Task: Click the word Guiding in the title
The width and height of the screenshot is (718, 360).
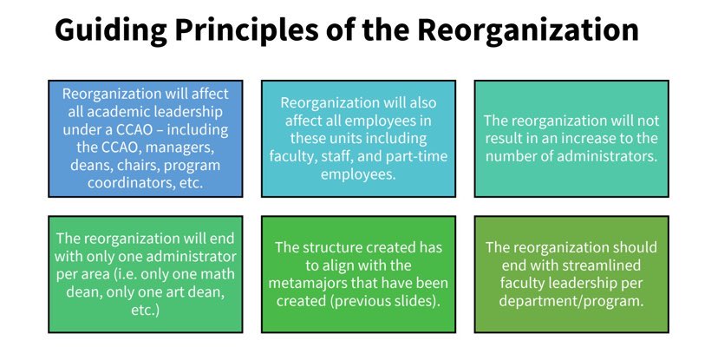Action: [111, 30]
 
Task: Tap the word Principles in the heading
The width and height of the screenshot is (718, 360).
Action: [246, 30]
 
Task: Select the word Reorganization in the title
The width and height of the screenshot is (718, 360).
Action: [528, 30]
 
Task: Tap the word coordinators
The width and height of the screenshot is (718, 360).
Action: [129, 183]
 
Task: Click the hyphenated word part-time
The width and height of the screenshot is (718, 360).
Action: [417, 157]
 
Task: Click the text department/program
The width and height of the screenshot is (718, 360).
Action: [571, 301]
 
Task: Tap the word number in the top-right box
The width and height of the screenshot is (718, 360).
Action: [507, 156]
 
